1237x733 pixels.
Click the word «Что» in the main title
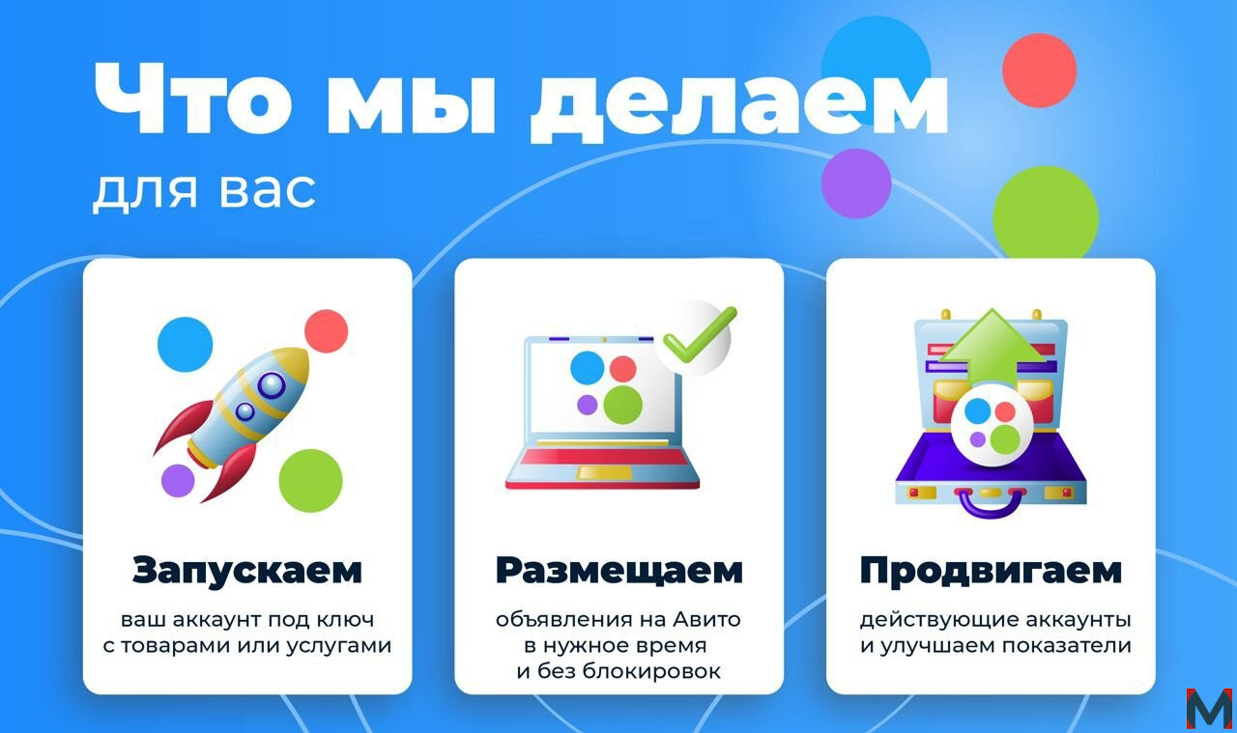coord(193,99)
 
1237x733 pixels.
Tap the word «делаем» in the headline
coord(739,105)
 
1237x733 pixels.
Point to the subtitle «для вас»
coord(204,191)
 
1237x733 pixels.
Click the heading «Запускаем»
coord(246,570)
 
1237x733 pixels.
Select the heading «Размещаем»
coord(619,570)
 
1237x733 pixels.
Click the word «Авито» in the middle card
coord(706,619)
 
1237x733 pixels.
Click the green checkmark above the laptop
coord(699,335)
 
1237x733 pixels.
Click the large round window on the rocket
coord(272,384)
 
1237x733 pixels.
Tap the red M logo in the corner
coord(1209,708)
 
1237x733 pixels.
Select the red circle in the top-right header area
coord(1039,70)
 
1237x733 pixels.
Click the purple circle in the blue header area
coord(856,183)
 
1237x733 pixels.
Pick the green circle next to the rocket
coord(310,480)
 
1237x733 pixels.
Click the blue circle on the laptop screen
coord(587,368)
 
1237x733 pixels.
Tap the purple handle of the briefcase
coord(991,505)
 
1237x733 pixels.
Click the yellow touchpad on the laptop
coord(604,472)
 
